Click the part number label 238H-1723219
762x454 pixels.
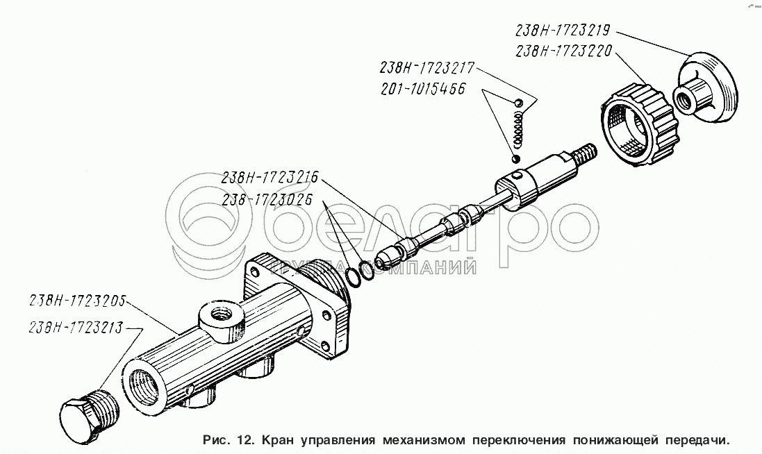point(562,31)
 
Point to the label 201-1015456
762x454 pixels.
point(423,89)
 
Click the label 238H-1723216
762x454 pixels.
point(270,177)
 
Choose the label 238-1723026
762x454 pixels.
point(267,199)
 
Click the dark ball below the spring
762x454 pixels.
point(515,158)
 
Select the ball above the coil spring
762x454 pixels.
point(518,103)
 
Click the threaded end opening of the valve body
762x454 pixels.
point(143,386)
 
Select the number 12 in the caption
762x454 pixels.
point(245,440)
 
